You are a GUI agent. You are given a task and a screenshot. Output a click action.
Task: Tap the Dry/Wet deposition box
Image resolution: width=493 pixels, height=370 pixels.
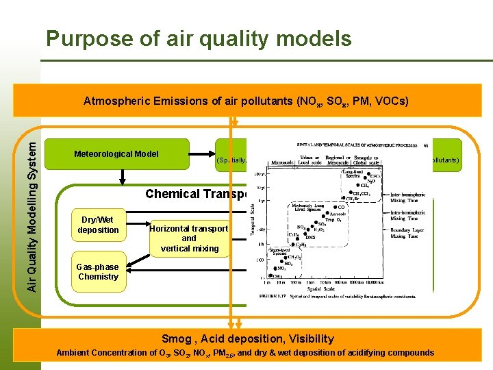click(x=98, y=225)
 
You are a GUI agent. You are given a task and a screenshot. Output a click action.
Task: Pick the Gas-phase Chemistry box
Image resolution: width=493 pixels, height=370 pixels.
click(x=98, y=272)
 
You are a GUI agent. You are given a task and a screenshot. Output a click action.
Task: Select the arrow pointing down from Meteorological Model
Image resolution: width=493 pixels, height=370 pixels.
click(x=122, y=177)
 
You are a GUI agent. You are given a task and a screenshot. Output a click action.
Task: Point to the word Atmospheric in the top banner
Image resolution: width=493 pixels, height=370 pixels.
click(x=113, y=101)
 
